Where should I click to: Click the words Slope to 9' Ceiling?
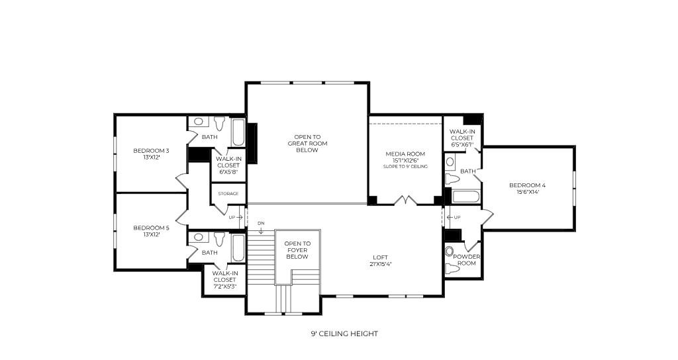(x=405, y=166)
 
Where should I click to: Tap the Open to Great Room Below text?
(x=307, y=144)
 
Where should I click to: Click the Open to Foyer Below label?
(x=297, y=249)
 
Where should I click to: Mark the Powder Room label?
(x=466, y=259)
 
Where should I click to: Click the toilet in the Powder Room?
(x=452, y=269)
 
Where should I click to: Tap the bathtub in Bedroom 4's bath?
(x=466, y=197)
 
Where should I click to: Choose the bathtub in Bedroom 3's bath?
(x=238, y=132)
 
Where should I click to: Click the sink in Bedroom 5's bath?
(x=198, y=237)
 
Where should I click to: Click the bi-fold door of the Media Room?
(x=405, y=199)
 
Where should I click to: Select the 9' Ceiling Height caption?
(x=344, y=334)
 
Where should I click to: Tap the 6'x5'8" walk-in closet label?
(x=228, y=165)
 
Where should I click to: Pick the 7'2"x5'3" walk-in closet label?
(x=224, y=279)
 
